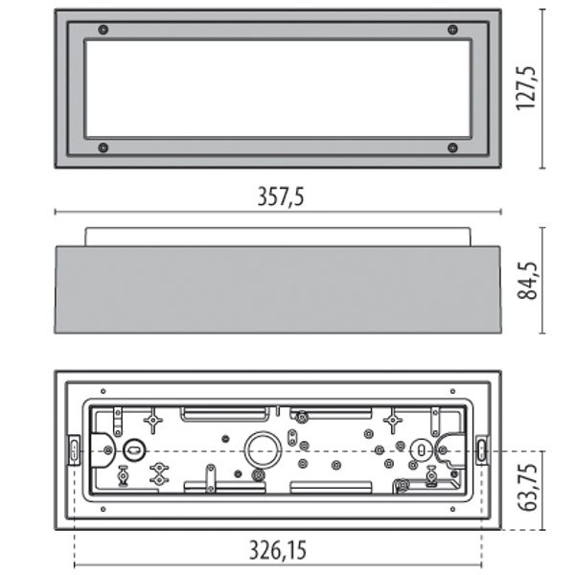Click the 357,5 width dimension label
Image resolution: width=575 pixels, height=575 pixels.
(x=281, y=196)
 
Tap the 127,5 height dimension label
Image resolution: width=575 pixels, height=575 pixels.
(x=526, y=88)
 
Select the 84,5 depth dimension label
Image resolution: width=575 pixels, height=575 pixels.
(x=527, y=281)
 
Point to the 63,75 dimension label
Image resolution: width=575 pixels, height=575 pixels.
(x=527, y=488)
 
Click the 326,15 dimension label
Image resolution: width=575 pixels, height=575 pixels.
(x=278, y=550)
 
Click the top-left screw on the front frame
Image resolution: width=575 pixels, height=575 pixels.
(x=103, y=30)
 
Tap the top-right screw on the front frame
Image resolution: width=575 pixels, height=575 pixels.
(x=453, y=30)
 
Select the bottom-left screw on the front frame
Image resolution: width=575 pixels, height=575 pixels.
(x=103, y=148)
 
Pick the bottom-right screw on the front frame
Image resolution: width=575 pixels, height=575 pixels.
(x=453, y=148)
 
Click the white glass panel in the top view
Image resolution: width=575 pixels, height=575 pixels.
(x=278, y=89)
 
